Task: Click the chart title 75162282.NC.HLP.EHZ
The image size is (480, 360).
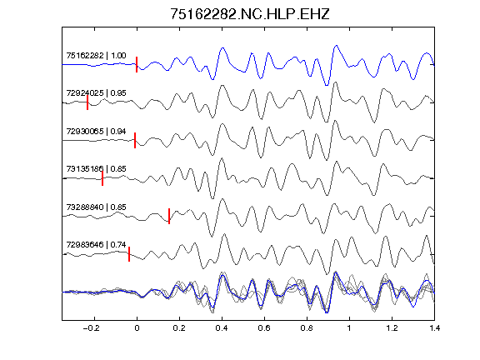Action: [x=250, y=14]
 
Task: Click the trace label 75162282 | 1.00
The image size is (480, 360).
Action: [x=96, y=55]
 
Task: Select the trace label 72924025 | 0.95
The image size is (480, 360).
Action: [x=96, y=93]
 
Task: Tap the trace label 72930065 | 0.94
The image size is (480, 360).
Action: [x=96, y=132]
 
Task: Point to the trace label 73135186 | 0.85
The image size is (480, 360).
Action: [x=96, y=168]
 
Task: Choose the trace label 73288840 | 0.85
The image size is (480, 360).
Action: [x=96, y=207]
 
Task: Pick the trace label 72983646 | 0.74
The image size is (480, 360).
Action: [x=96, y=245]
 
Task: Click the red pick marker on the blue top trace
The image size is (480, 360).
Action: [x=137, y=65]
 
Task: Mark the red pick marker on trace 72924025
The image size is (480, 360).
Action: [x=87, y=102]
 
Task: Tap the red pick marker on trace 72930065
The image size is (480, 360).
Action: [x=135, y=140]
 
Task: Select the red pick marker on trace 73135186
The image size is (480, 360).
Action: [x=102, y=178]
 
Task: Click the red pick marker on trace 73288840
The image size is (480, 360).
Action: [x=169, y=216]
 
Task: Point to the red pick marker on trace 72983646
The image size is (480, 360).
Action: [x=129, y=254]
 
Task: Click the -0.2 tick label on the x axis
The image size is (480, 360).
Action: [x=92, y=328]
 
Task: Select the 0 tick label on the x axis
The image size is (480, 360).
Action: [x=137, y=328]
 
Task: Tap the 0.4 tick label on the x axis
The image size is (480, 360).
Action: [x=222, y=328]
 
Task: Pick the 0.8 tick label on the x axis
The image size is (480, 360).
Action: [x=307, y=328]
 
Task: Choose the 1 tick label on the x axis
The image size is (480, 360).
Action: [x=349, y=328]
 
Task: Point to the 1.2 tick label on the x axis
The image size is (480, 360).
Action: [x=392, y=328]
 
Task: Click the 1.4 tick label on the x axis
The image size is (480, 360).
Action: [x=434, y=328]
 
